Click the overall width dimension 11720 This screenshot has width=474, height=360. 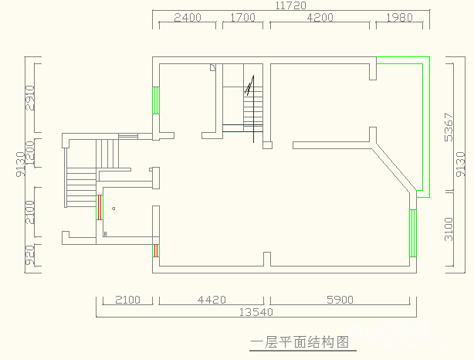[x=289, y=5]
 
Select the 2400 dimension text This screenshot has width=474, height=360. [x=188, y=18]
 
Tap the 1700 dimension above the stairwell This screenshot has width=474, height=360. [x=242, y=18]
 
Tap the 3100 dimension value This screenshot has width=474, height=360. [x=449, y=229]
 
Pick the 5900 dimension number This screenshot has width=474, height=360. [x=340, y=300]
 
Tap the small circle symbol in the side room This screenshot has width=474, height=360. [x=113, y=209]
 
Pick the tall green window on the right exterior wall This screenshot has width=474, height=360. [x=413, y=233]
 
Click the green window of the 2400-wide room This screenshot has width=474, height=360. [x=157, y=100]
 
